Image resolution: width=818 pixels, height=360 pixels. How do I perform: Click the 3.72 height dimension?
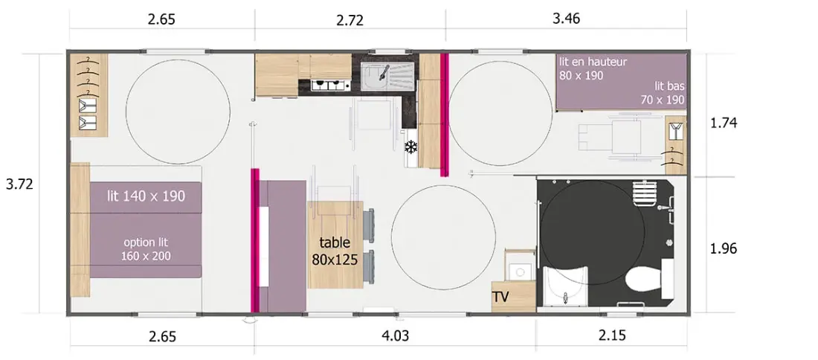[19, 184]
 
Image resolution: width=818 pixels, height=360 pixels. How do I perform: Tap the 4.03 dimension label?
[394, 336]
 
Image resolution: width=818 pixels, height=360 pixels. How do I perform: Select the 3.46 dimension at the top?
[566, 19]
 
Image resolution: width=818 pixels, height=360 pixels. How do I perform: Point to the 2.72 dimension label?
[350, 20]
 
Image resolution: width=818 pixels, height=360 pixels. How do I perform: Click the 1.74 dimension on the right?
[724, 124]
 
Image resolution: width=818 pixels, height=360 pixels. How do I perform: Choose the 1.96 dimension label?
[724, 249]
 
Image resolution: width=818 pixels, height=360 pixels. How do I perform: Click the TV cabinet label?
[500, 298]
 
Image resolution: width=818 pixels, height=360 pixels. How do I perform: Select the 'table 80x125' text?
[335, 251]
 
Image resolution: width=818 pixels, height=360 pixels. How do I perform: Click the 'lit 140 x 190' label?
[146, 196]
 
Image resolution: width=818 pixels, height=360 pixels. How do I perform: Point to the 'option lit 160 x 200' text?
[146, 249]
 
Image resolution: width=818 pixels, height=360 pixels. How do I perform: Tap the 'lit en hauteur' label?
[593, 62]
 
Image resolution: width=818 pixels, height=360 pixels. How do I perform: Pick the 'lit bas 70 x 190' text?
[663, 93]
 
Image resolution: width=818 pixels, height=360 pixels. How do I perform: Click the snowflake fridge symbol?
[412, 147]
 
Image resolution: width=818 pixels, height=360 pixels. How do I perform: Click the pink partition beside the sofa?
[256, 240]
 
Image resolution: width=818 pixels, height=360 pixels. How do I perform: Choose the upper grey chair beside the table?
[368, 225]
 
